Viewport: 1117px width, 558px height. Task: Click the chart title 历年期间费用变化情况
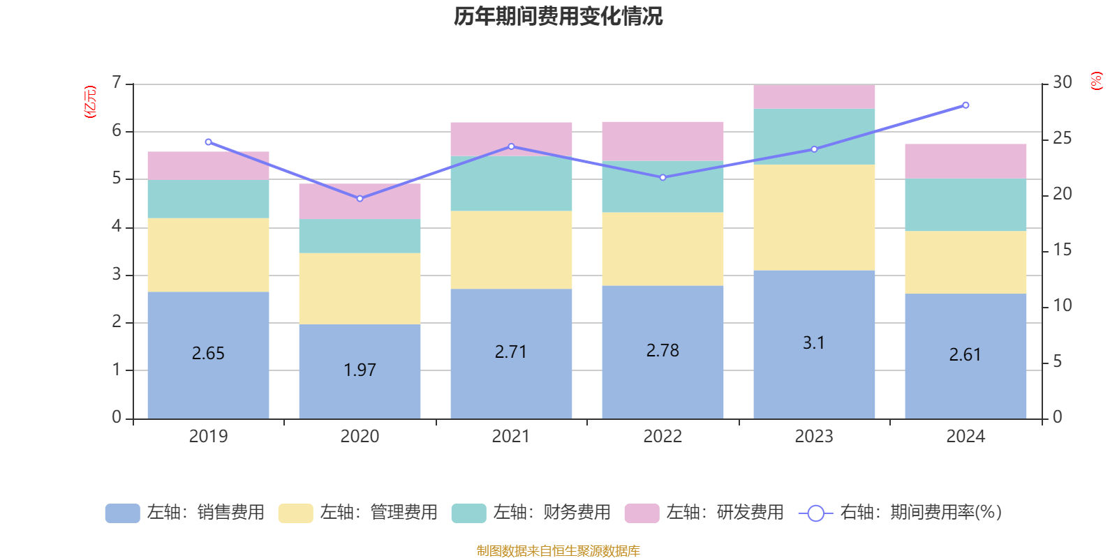(x=558, y=16)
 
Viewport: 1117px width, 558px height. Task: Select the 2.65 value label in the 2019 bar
(x=208, y=354)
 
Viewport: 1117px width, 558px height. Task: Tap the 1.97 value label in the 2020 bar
(x=360, y=370)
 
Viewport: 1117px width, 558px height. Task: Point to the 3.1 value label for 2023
(x=813, y=343)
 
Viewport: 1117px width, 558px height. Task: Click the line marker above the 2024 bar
(x=966, y=105)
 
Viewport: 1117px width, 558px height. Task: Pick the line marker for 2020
(x=360, y=199)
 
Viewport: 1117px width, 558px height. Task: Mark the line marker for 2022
(x=663, y=177)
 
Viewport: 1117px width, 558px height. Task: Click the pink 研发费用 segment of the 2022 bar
(x=663, y=141)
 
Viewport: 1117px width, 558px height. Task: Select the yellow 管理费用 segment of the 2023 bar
(x=814, y=217)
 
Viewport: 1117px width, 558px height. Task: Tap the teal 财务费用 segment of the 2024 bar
(x=966, y=204)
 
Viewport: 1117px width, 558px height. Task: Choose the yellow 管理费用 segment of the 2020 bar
(x=360, y=288)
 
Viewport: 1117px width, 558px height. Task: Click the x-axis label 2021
(x=511, y=437)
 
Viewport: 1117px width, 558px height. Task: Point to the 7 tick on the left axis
(x=117, y=83)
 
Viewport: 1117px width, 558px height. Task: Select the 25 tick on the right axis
(x=1062, y=138)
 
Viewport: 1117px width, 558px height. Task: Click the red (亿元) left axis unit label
(x=89, y=102)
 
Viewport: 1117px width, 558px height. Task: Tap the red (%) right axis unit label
(x=1096, y=81)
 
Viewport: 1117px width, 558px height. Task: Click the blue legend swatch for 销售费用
(x=122, y=513)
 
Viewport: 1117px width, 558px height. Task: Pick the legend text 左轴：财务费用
(x=552, y=513)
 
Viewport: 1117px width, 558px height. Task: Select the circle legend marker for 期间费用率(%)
(x=815, y=513)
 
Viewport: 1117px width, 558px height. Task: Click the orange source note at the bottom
(x=558, y=551)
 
